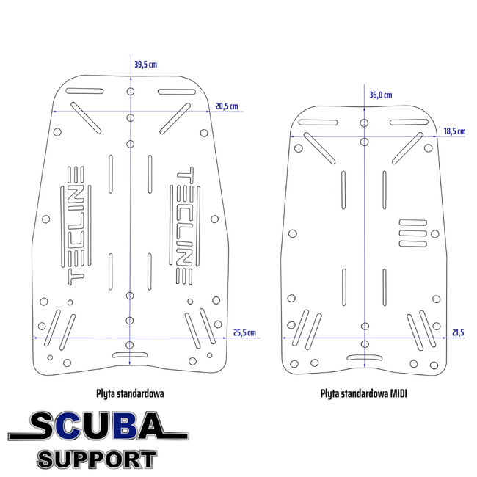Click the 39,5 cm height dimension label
[145, 65]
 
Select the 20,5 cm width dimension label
[227, 106]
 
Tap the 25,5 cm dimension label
[244, 332]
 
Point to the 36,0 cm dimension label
[380, 95]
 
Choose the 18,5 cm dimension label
[454, 131]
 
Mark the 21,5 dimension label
[459, 332]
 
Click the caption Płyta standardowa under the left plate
[130, 393]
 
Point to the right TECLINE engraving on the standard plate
[184, 223]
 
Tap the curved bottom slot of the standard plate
[130, 355]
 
